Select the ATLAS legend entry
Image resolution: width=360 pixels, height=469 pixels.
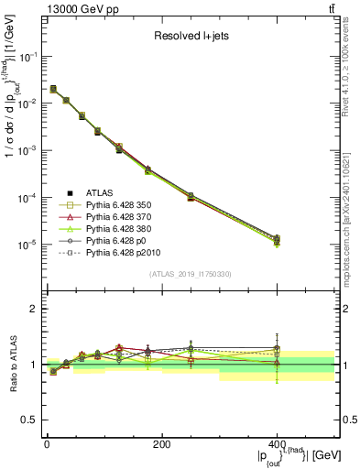click(x=103, y=193)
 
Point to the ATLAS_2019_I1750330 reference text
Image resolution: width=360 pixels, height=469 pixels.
click(x=191, y=274)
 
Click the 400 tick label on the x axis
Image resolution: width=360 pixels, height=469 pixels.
click(x=277, y=444)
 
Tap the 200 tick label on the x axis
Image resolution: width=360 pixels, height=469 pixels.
click(x=161, y=444)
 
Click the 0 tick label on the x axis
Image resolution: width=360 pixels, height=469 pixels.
click(x=47, y=444)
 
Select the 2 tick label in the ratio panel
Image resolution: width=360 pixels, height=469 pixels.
click(x=33, y=309)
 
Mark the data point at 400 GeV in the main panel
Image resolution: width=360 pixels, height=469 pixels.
click(x=277, y=240)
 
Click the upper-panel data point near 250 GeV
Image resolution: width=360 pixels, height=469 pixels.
click(x=191, y=196)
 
